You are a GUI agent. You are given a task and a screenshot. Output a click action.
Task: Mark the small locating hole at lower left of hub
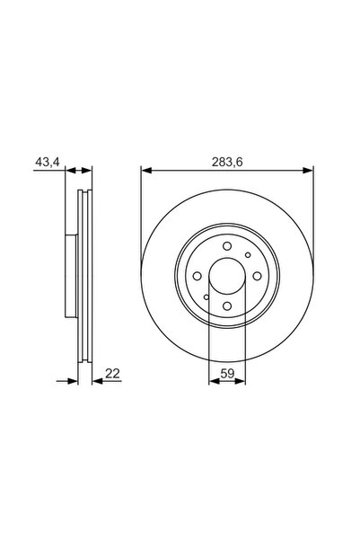point(206,297)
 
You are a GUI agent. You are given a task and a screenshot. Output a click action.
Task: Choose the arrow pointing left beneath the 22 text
point(97,381)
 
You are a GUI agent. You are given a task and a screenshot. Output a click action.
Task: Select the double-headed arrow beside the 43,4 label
point(80,170)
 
